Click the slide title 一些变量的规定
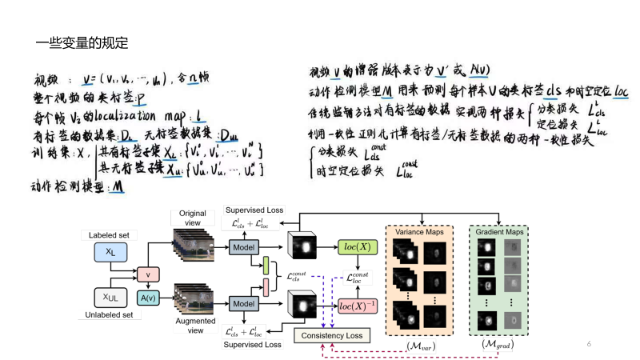point(82,42)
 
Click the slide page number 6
point(589,343)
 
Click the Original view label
point(192,218)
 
